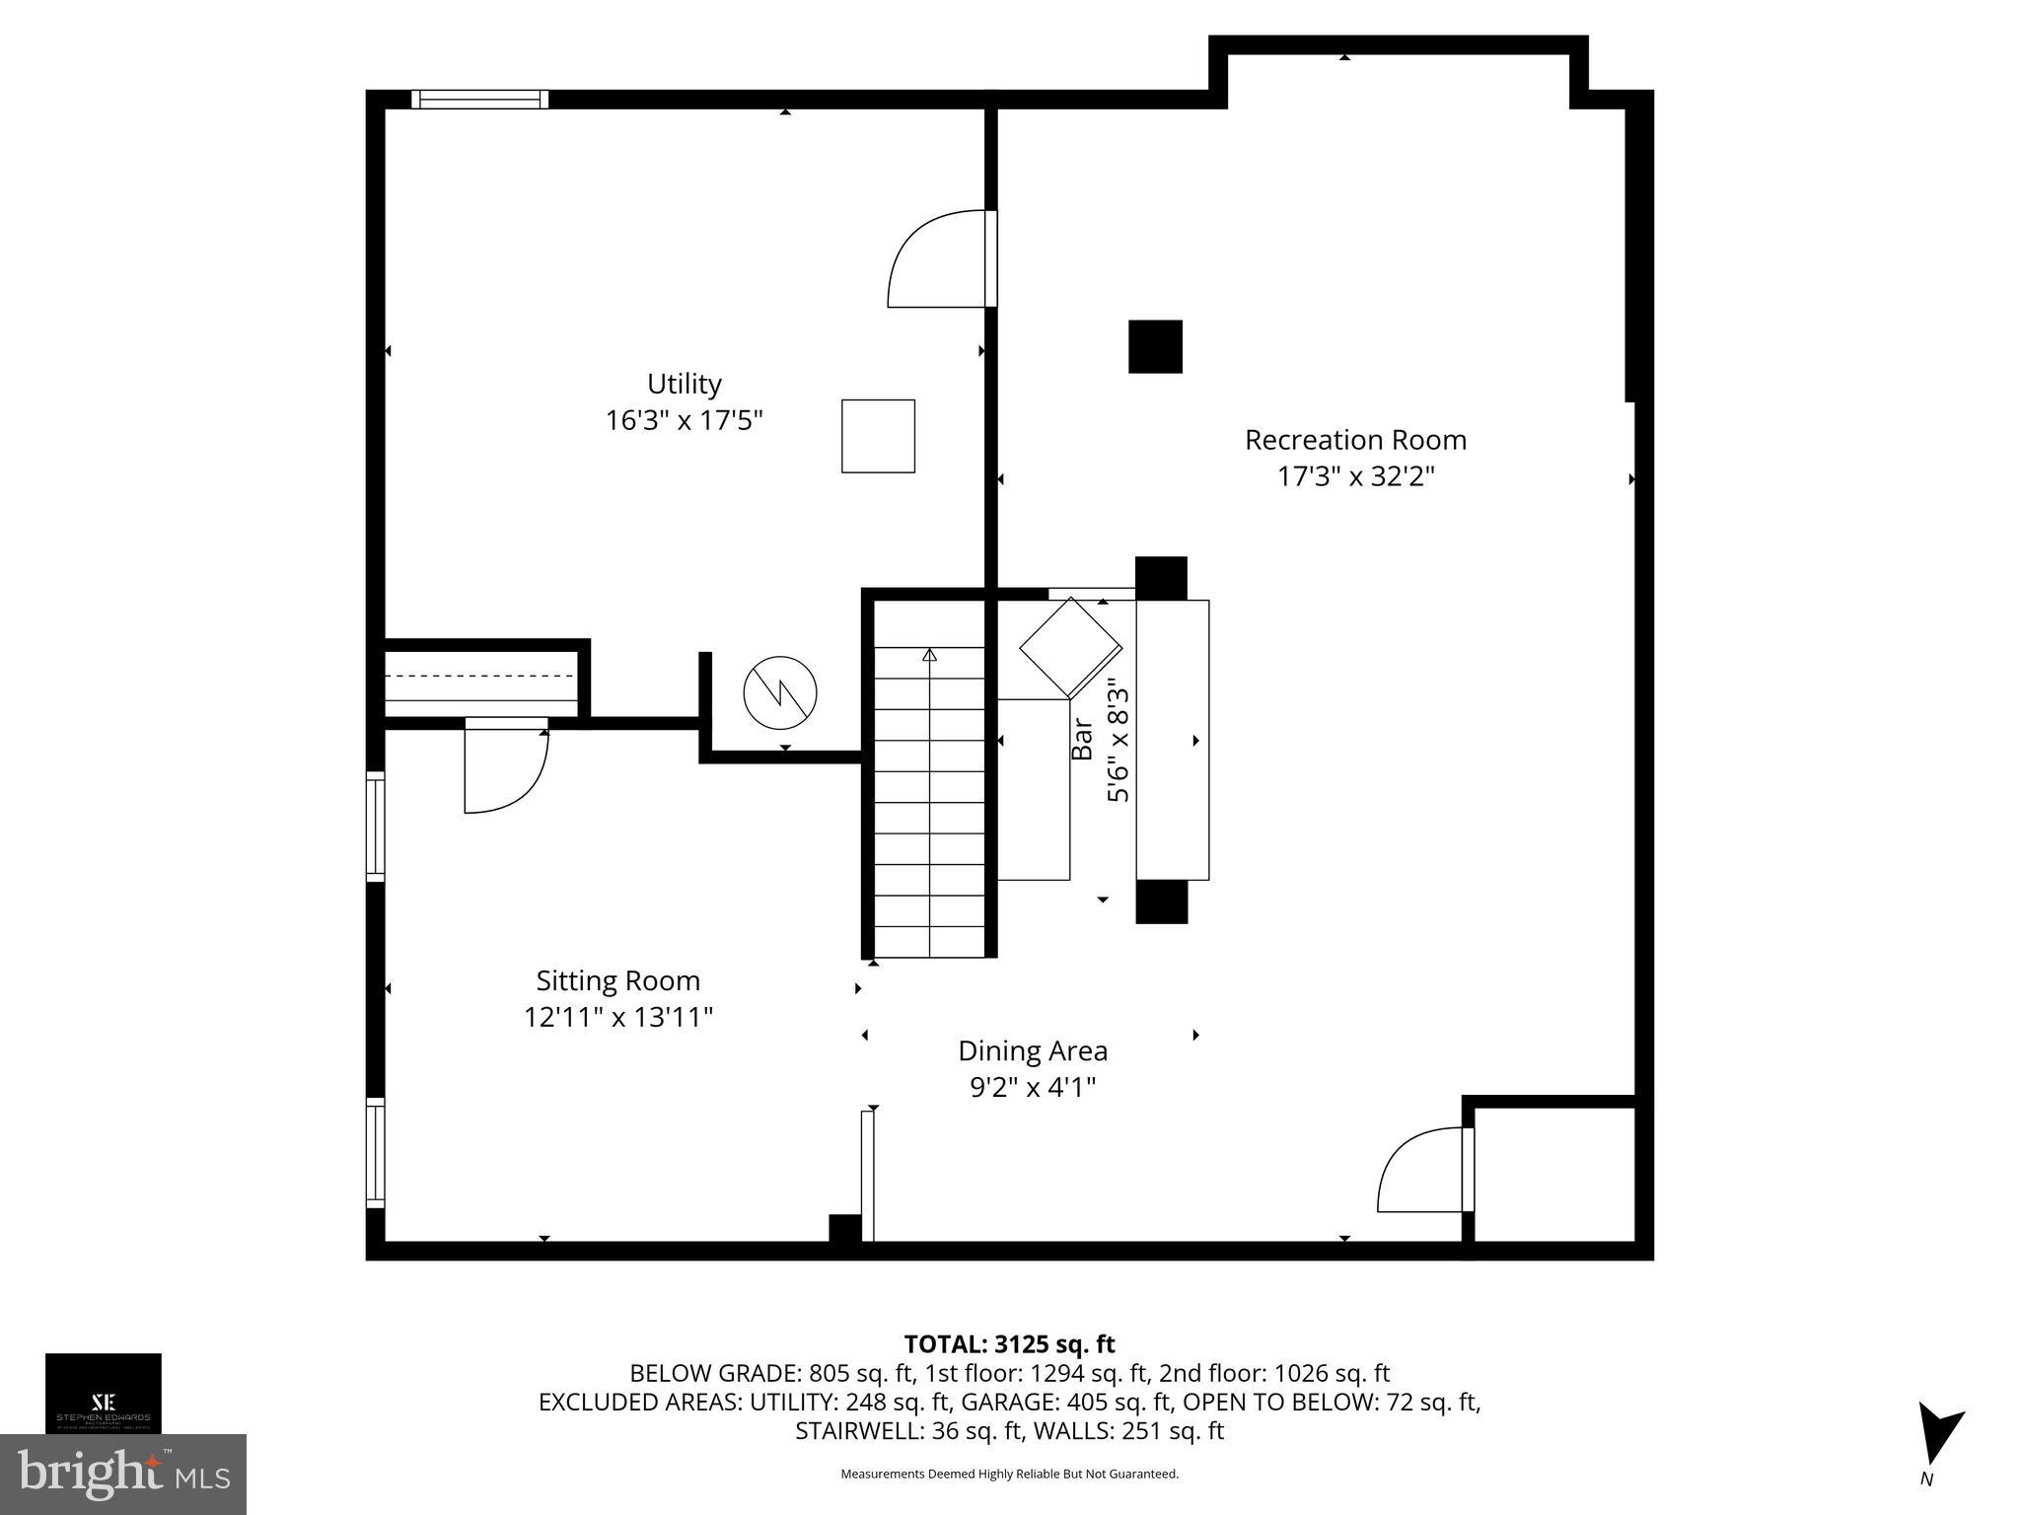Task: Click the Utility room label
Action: (684, 384)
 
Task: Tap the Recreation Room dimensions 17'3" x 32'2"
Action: (1355, 477)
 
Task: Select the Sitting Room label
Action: (617, 980)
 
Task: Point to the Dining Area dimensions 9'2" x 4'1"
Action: (1033, 1087)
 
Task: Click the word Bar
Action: (1082, 739)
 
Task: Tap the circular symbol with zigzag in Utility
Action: (780, 692)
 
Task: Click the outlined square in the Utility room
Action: (878, 436)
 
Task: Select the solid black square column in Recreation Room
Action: (1155, 346)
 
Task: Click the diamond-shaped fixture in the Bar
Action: (1070, 647)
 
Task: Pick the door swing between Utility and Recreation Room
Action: (937, 259)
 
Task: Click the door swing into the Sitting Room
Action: (505, 769)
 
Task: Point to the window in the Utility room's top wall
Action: (479, 99)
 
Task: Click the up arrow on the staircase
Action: (929, 655)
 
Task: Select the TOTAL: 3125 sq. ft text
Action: (1009, 1344)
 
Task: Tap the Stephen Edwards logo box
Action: (104, 1393)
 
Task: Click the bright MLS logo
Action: (123, 1474)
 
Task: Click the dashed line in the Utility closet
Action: (480, 677)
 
